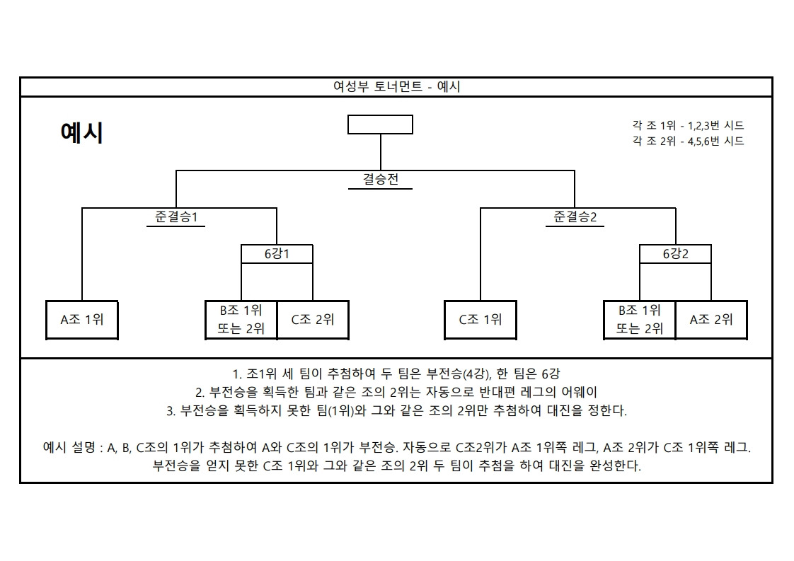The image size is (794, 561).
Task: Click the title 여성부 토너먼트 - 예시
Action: point(396,87)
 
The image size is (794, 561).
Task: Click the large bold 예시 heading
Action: point(82,133)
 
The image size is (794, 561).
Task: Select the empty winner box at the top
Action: point(380,125)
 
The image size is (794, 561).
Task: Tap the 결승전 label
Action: point(381,180)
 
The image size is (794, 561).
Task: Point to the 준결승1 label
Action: point(176,217)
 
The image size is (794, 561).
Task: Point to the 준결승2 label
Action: point(575,217)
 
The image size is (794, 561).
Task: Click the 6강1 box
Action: point(277,254)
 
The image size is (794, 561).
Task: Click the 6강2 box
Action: point(675,254)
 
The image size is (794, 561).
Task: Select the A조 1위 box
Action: point(82,320)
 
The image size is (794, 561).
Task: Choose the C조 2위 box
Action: point(313,320)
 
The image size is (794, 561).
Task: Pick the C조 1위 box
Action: point(481,320)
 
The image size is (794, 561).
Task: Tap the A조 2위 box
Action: point(711,320)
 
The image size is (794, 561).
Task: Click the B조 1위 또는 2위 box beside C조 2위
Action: point(241,320)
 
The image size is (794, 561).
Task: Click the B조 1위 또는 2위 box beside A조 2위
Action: point(639,320)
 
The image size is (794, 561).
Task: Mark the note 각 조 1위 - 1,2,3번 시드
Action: point(688,126)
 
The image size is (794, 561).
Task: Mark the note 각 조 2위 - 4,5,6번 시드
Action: point(688,141)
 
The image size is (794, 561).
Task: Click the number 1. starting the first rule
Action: point(237,374)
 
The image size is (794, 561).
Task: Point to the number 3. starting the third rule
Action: point(171,410)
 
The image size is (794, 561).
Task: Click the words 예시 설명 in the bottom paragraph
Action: point(69,448)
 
